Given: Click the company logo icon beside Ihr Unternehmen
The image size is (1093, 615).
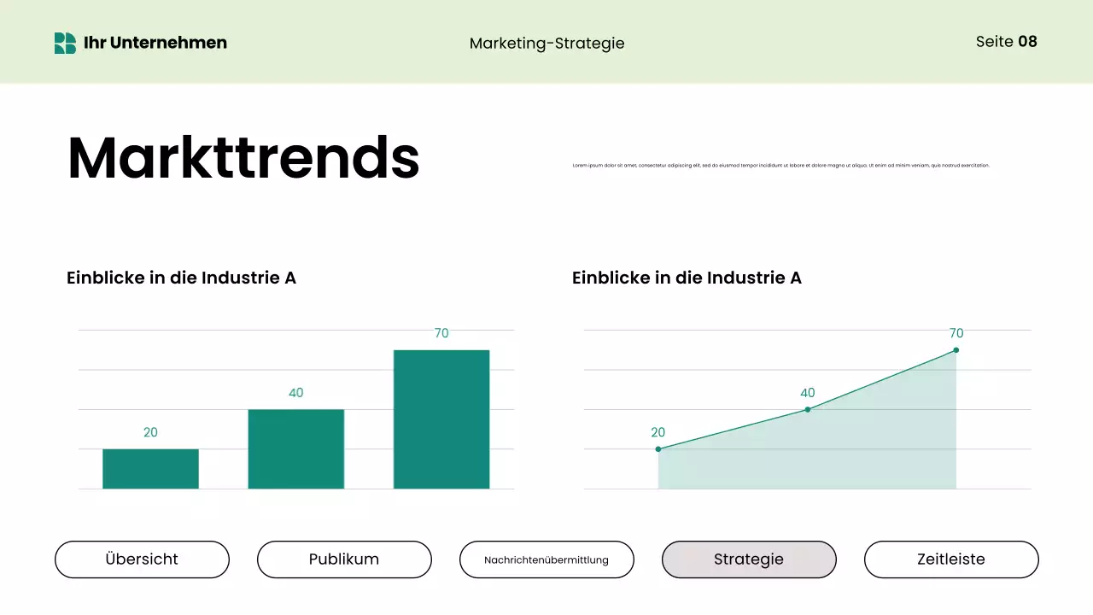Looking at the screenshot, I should coord(65,43).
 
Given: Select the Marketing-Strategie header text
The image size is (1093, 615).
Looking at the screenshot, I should coord(546,43).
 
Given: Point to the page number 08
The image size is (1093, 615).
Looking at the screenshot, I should coord(1027,41).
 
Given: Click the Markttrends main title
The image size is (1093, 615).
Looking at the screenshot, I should coord(243,158).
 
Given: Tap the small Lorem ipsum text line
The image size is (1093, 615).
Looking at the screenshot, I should coord(780,165).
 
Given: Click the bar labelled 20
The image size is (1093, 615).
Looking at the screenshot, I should coord(150,469).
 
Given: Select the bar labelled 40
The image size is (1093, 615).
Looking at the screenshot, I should coord(295,449).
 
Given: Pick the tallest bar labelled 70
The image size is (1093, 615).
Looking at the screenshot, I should coord(441,419).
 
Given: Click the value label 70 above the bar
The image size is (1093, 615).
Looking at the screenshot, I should coord(441,333).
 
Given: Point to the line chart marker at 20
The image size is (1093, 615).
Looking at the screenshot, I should coord(658,449).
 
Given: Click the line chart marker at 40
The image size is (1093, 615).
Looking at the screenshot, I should coord(808,410).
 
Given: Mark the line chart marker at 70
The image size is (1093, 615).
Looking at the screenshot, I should coord(956,350).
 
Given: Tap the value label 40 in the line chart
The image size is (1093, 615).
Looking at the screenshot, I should coord(808,393).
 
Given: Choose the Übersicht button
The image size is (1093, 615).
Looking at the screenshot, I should coord(142,559).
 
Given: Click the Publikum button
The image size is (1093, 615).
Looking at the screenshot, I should coord(344,559).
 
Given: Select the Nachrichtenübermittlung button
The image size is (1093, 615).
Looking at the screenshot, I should coord(546,559).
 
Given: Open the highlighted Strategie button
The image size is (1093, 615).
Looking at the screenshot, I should coord(749,559).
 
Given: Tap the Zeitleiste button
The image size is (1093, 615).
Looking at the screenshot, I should coord(951,559).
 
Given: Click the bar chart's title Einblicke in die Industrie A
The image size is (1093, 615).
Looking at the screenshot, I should coord(181,278).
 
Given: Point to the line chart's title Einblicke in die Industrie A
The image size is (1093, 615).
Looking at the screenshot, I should coord(687,278).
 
